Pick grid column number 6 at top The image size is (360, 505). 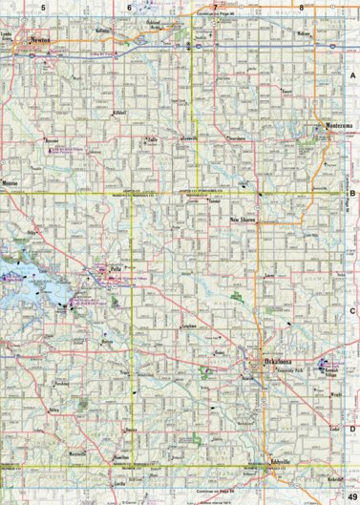(x=129, y=8)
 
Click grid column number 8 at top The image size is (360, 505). (x=302, y=8)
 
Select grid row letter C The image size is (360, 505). (x=351, y=309)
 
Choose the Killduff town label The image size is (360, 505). (x=93, y=113)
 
